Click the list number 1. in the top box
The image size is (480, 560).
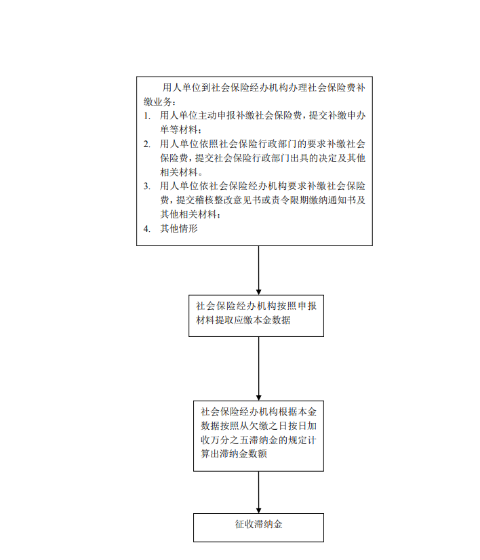pos(146,116)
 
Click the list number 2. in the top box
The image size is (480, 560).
pos(146,144)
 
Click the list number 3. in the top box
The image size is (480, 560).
pos(146,186)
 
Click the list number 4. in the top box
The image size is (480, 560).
pos(146,228)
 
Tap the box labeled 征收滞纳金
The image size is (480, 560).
pos(258,527)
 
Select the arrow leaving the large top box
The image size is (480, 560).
pos(258,271)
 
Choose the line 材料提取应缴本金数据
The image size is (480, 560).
pos(243,320)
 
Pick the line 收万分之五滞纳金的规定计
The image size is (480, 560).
pos(258,440)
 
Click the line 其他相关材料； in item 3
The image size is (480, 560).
pos(190,214)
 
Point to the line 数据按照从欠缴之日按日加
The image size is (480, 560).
pos(258,426)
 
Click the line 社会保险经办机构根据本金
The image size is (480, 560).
pos(258,412)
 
